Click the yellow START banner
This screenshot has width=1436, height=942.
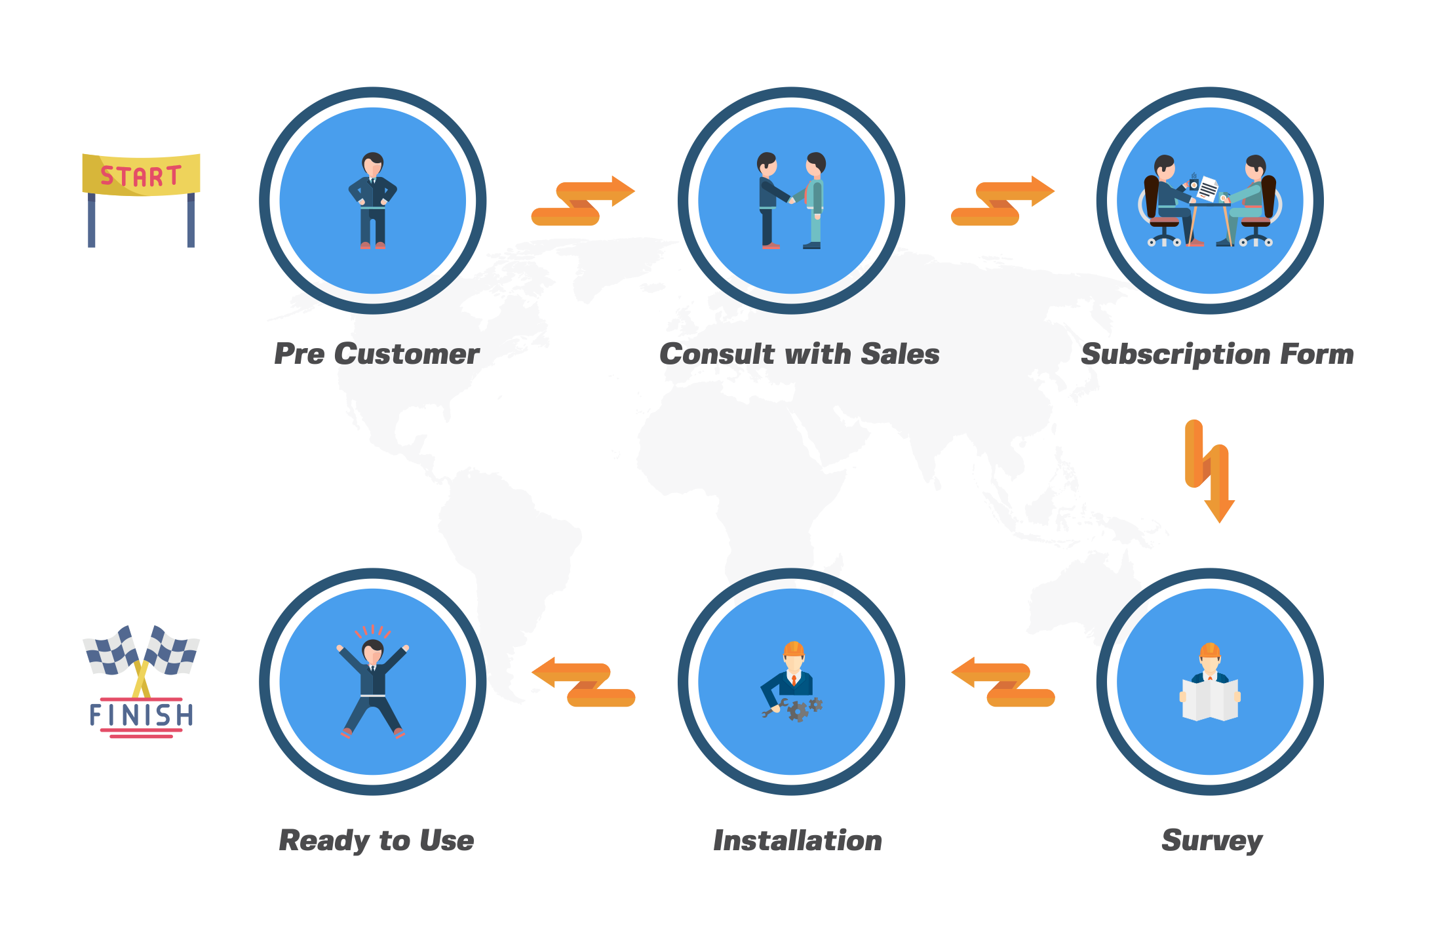click(141, 174)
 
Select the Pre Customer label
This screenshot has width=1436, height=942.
click(376, 355)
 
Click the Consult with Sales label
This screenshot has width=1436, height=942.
click(799, 355)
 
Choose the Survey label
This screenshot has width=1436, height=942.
click(1212, 841)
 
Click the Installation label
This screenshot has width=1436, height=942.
click(798, 840)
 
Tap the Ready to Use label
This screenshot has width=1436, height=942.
click(376, 841)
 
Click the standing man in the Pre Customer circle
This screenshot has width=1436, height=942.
click(372, 201)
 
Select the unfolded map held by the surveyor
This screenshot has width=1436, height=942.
click(1210, 700)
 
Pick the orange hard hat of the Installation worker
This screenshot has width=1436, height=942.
click(794, 649)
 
